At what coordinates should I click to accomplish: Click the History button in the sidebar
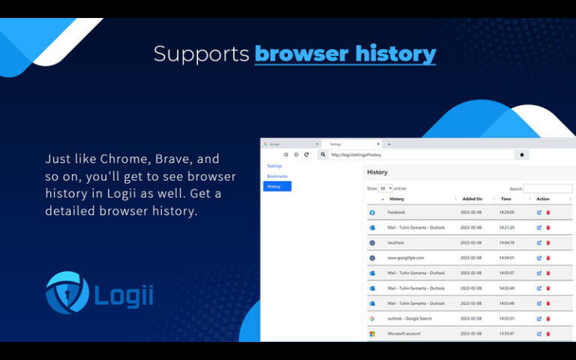(x=277, y=186)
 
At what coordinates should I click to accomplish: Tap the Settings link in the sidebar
(x=274, y=166)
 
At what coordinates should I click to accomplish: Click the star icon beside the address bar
(x=522, y=154)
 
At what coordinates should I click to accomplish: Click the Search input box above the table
(x=547, y=188)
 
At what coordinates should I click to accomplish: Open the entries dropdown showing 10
(x=385, y=188)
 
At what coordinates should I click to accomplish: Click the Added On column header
(x=472, y=199)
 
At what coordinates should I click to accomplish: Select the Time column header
(x=506, y=199)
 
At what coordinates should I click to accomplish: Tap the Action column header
(x=543, y=199)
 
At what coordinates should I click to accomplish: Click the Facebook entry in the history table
(x=396, y=212)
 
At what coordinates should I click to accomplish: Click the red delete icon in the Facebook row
(x=548, y=212)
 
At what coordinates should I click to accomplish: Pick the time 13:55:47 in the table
(x=507, y=333)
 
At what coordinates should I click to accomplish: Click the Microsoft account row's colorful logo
(x=372, y=333)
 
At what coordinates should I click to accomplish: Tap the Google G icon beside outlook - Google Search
(x=372, y=318)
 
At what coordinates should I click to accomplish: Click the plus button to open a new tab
(x=389, y=144)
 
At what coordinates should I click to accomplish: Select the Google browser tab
(x=289, y=144)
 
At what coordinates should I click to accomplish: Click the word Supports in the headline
(x=201, y=54)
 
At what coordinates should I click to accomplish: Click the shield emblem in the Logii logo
(x=67, y=292)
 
